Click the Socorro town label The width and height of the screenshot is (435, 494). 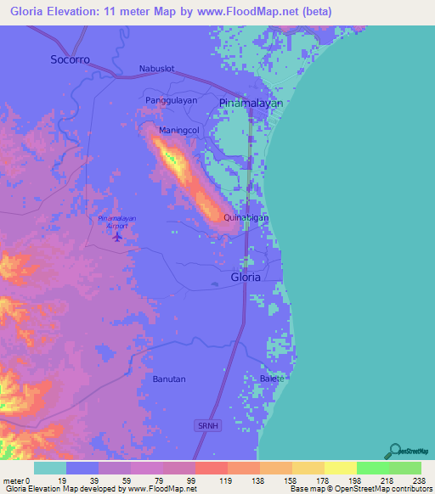click(70, 59)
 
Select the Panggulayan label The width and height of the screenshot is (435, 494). click(172, 100)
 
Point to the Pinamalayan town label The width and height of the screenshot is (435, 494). click(251, 103)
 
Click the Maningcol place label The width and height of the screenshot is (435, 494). click(178, 131)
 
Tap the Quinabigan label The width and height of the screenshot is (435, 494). click(246, 218)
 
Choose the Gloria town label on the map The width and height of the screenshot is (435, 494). click(246, 277)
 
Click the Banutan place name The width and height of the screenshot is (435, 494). click(169, 379)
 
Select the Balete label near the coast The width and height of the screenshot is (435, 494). click(271, 378)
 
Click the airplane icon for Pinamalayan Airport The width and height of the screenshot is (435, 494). click(117, 235)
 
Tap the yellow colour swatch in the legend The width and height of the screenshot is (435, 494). click(340, 468)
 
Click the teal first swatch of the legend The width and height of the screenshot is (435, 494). click(50, 468)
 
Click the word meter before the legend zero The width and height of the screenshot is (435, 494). click(14, 480)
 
